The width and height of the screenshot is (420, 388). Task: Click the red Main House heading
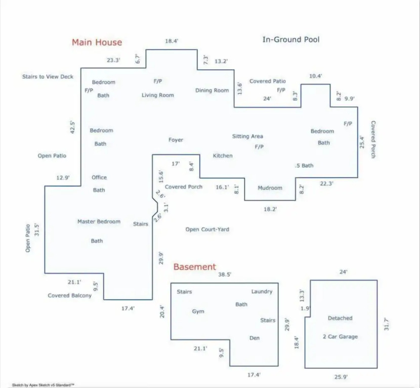coord(97,42)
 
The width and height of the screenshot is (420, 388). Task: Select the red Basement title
coord(195,267)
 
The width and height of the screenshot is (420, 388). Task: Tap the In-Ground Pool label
coord(291,39)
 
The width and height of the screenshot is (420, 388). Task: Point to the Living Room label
coord(158,95)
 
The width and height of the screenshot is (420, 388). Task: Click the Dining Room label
coord(212,90)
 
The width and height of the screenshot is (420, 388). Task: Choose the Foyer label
coord(176,140)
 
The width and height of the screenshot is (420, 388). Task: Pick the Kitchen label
coord(223,156)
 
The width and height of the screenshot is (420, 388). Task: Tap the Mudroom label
coord(270,188)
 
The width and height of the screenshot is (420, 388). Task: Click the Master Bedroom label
coord(99,221)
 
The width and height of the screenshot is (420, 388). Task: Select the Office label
coord(99,177)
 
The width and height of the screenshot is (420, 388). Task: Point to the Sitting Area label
coord(247,136)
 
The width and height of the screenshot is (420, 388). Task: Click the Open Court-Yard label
coord(207,229)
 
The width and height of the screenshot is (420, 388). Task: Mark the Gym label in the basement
coord(198,311)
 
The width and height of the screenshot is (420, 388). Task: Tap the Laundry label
coord(262,292)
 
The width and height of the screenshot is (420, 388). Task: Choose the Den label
coord(255,338)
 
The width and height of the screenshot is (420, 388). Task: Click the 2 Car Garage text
coord(340,336)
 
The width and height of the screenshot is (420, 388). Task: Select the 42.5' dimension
coord(72,127)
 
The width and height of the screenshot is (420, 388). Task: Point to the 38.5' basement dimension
coord(225,274)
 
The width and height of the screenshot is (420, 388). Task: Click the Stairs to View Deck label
coord(48,77)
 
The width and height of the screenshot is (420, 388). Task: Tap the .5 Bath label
coord(304,166)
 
